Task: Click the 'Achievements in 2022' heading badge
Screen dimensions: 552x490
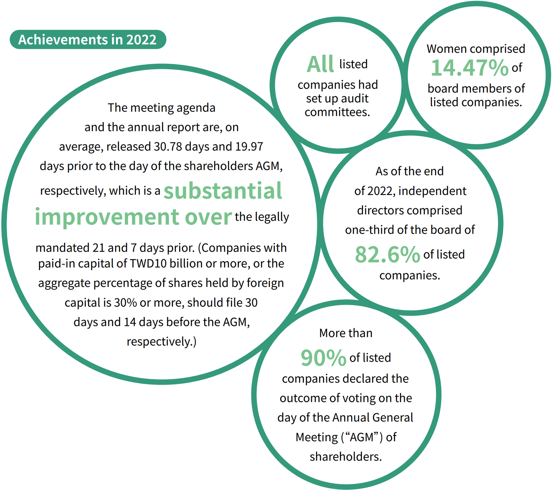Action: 88,40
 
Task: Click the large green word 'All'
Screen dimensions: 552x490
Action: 320,64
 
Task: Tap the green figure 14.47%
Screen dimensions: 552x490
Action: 470,68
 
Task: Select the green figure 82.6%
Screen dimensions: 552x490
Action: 387,255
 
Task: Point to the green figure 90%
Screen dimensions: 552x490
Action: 324,358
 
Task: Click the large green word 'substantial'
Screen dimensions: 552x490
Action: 223,191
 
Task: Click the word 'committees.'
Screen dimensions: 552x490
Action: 337,112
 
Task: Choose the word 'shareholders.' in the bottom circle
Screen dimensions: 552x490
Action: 346,457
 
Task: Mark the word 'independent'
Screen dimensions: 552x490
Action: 432,191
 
